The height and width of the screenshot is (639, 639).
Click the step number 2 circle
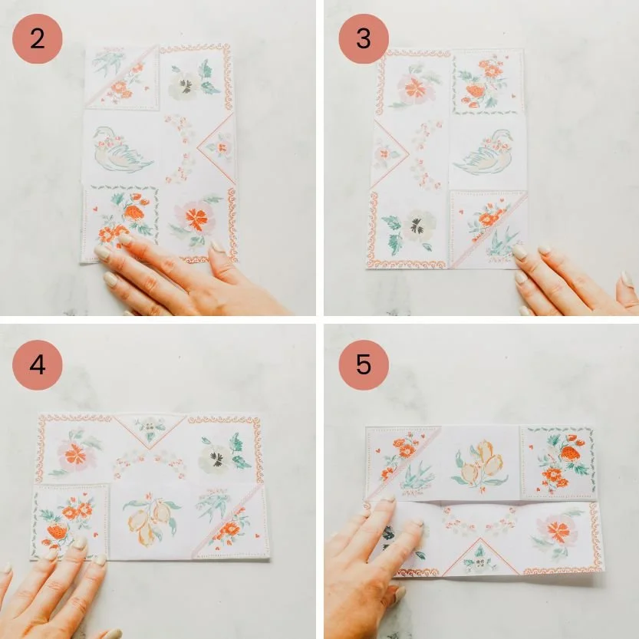pyautogui.click(x=38, y=38)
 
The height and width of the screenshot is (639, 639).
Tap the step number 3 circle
pyautogui.click(x=363, y=38)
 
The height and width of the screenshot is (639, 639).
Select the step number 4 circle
pyautogui.click(x=38, y=364)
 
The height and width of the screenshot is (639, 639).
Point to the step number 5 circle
pyautogui.click(x=363, y=364)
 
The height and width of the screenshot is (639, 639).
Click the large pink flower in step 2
pyautogui.click(x=196, y=219)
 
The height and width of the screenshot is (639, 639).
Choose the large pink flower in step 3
pyautogui.click(x=414, y=88)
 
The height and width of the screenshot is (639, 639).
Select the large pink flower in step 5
pyautogui.click(x=558, y=531)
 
